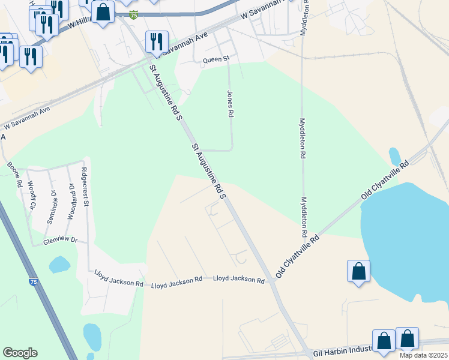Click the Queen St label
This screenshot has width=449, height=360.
[216, 59]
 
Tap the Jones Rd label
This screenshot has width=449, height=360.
[229, 104]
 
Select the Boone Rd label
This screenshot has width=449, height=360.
[15, 173]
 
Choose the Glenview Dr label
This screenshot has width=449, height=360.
[61, 240]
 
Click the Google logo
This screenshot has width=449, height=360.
[20, 353]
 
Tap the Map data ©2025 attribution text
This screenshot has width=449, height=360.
[423, 355]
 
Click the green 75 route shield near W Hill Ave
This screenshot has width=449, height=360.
[133, 14]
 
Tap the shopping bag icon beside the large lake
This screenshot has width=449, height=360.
[358, 271]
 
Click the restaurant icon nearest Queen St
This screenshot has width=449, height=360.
[156, 41]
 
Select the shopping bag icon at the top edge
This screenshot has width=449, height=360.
[103, 12]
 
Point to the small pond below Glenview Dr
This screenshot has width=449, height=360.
[59, 264]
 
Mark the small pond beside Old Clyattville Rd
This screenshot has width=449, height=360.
[394, 156]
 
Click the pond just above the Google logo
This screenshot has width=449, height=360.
[92, 337]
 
